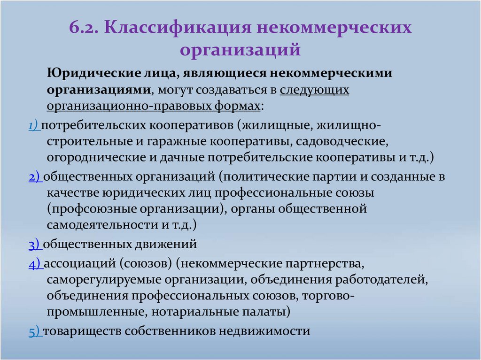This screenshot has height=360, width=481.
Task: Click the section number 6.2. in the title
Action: (x=85, y=27)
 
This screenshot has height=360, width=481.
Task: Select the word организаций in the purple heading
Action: (x=240, y=48)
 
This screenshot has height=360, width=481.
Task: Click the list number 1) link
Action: (x=33, y=126)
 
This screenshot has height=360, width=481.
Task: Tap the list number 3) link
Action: (x=35, y=244)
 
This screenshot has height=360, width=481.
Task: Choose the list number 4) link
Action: (x=35, y=264)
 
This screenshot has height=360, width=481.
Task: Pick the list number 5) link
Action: (x=35, y=331)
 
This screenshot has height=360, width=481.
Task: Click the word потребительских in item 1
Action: (x=95, y=126)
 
